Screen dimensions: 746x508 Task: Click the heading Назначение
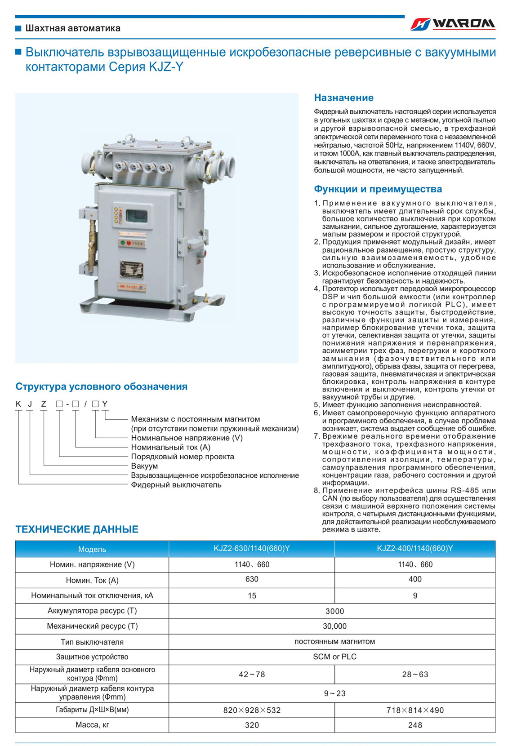pyautogui.click(x=343, y=98)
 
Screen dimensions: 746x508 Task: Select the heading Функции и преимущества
pyautogui.click(x=378, y=189)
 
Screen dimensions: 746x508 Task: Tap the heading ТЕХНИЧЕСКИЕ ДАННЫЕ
pyautogui.click(x=77, y=529)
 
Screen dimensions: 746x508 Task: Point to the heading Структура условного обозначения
pyautogui.click(x=101, y=386)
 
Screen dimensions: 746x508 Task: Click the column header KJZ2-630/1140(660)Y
pyautogui.click(x=251, y=548)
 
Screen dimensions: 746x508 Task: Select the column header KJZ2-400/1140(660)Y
pyautogui.click(x=414, y=548)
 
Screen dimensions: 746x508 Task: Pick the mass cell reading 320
pyautogui.click(x=252, y=724)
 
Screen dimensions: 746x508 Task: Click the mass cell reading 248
pyautogui.click(x=415, y=724)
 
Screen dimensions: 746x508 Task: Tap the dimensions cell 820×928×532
pyautogui.click(x=252, y=710)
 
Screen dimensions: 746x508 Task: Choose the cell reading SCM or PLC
pyautogui.click(x=334, y=657)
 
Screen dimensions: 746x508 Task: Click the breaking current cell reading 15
pyautogui.click(x=252, y=595)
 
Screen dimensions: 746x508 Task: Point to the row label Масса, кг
pyautogui.click(x=92, y=724)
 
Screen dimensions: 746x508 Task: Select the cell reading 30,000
pyautogui.click(x=334, y=626)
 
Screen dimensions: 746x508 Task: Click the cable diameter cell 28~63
pyautogui.click(x=415, y=674)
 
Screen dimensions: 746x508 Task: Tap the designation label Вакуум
pyautogui.click(x=144, y=466)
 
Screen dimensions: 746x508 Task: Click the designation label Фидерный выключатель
pyautogui.click(x=176, y=485)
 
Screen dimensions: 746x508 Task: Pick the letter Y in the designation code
pyautogui.click(x=105, y=404)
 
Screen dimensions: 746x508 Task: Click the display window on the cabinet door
pyautogui.click(x=136, y=216)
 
